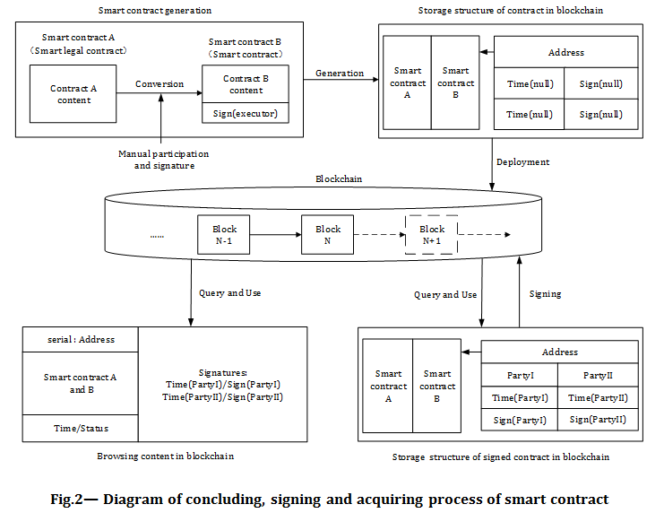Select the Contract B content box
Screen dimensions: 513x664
point(245,84)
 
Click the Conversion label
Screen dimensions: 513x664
point(160,84)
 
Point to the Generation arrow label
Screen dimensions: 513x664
point(340,74)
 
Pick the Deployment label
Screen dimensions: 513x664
point(524,162)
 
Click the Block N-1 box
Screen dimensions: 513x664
point(224,235)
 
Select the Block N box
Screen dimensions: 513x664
point(328,235)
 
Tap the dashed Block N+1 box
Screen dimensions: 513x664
point(432,235)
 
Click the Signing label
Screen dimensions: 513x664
point(545,293)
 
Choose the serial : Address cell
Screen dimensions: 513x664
point(81,340)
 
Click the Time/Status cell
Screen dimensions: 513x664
point(81,429)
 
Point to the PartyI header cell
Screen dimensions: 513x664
point(520,375)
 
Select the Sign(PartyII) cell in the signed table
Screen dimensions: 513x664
point(598,420)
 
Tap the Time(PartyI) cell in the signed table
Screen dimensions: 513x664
point(520,397)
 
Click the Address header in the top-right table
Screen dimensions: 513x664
point(565,53)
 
